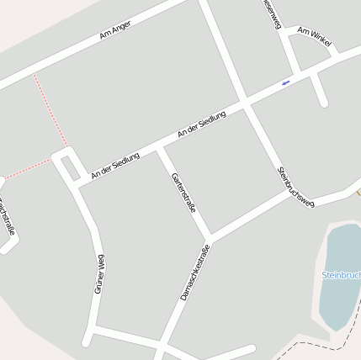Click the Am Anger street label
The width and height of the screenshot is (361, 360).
click(x=116, y=34)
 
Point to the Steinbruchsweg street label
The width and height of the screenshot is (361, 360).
click(x=295, y=187)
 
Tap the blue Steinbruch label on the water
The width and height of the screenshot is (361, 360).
click(x=341, y=275)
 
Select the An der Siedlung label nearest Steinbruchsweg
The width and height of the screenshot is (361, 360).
click(x=202, y=125)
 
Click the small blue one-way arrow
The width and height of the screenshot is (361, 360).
click(x=286, y=82)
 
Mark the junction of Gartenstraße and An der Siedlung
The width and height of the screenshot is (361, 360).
click(x=159, y=149)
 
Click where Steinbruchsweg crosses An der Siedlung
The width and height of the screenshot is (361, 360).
click(x=245, y=103)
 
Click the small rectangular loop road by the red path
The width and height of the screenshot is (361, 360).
click(x=66, y=163)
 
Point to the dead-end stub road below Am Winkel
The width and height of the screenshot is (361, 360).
click(x=319, y=91)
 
